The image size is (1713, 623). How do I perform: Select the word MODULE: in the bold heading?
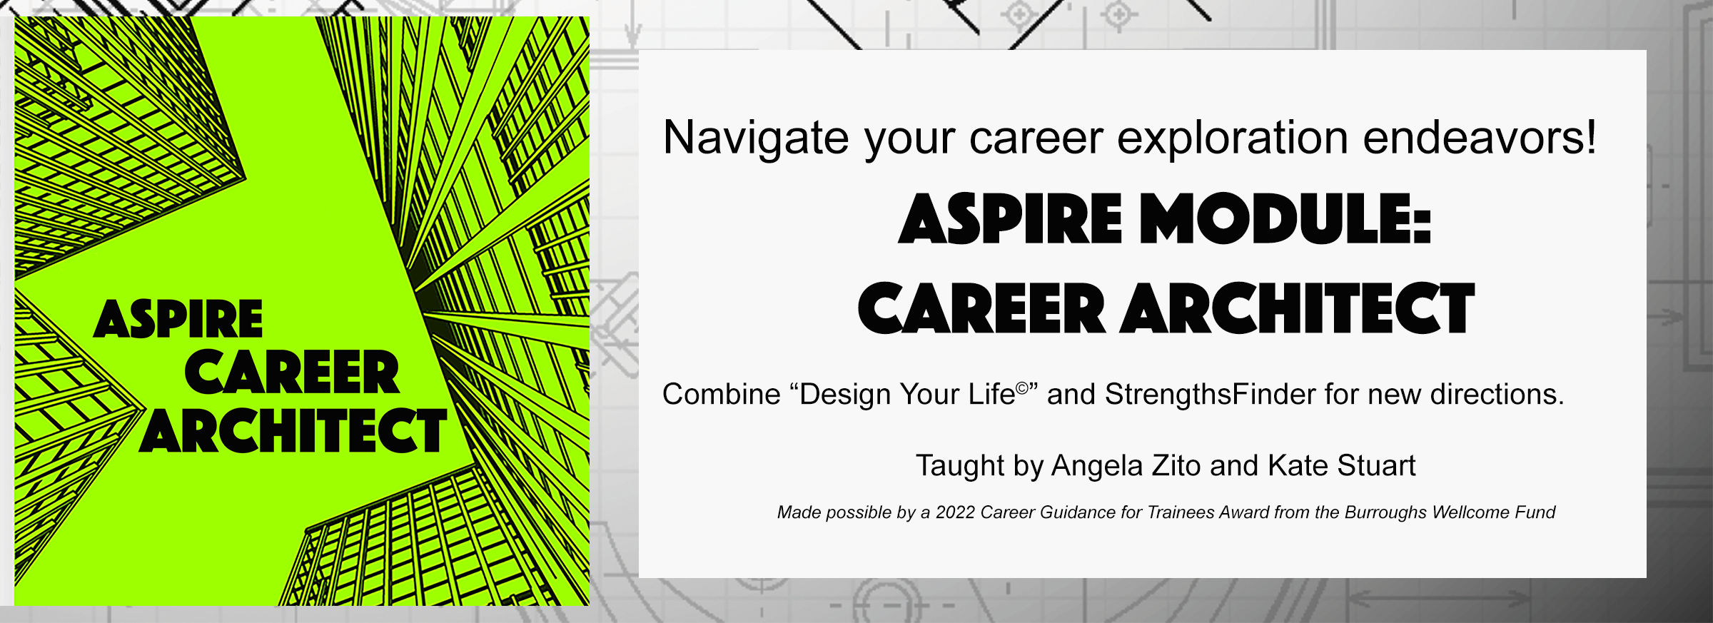point(1285,218)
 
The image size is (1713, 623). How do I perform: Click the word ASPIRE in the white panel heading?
point(1010,218)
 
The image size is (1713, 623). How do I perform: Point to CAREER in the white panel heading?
point(981,308)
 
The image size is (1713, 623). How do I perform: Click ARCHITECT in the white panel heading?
point(1298,308)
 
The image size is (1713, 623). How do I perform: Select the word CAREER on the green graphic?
point(292,373)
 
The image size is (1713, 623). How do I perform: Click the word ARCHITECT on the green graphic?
point(293,431)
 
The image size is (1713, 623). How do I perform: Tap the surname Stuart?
point(1376,465)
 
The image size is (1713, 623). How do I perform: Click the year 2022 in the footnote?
point(955,512)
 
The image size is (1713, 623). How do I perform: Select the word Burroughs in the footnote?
point(1385,513)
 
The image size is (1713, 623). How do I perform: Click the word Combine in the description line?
point(722,395)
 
